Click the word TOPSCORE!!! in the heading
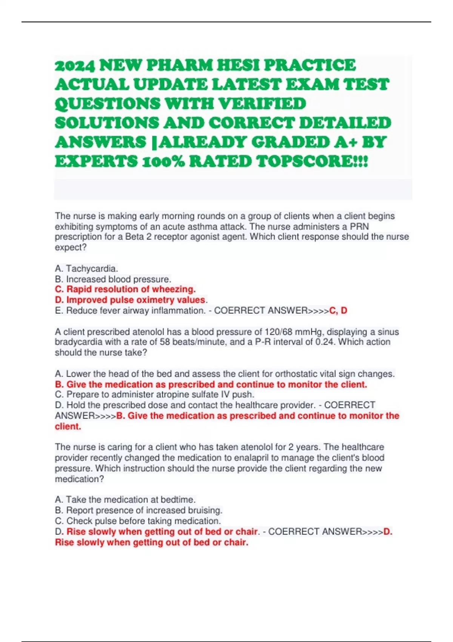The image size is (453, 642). click(x=312, y=162)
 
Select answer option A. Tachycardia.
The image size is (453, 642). click(x=86, y=269)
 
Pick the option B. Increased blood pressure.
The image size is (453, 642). click(x=113, y=279)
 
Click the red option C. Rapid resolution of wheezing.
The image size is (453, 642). click(x=125, y=289)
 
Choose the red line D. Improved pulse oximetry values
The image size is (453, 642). click(x=130, y=300)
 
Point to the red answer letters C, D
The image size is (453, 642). click(x=338, y=310)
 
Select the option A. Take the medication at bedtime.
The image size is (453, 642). click(x=125, y=500)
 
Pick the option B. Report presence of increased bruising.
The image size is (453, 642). click(x=139, y=510)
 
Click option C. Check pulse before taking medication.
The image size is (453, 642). click(x=138, y=521)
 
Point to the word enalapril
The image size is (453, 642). click(x=250, y=458)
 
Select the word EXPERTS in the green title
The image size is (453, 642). click(x=96, y=162)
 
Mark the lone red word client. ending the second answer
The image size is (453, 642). click(x=68, y=427)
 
